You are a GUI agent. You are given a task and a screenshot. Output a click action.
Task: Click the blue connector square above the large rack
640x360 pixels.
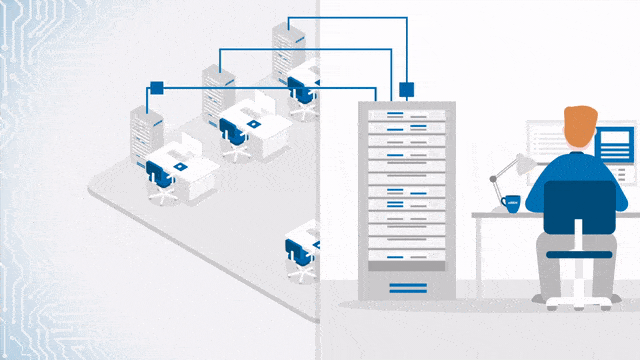pyautogui.click(x=406, y=89)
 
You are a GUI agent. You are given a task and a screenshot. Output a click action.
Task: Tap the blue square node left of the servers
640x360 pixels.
pyautogui.click(x=155, y=87)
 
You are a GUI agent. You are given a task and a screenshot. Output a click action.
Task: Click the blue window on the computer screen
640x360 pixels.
pyautogui.click(x=613, y=145)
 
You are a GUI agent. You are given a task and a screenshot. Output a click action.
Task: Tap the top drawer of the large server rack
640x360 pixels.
pyautogui.click(x=406, y=115)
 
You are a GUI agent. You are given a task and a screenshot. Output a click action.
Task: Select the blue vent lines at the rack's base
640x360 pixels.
pyautogui.click(x=406, y=288)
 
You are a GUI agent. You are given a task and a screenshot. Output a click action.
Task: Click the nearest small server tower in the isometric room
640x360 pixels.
pyautogui.click(x=146, y=129)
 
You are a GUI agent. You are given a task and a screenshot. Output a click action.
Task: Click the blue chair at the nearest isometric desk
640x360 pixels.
pyautogui.click(x=160, y=177)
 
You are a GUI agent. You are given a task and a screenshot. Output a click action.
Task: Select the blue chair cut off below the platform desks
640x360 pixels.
pyautogui.click(x=297, y=255)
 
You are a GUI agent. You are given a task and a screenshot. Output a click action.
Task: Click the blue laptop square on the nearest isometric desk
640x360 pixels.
pyautogui.click(x=180, y=165)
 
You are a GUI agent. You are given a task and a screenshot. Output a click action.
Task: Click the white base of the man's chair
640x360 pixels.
pyautogui.click(x=576, y=297)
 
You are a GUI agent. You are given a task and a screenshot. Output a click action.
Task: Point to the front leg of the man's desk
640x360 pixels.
pyautogui.click(x=477, y=256)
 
